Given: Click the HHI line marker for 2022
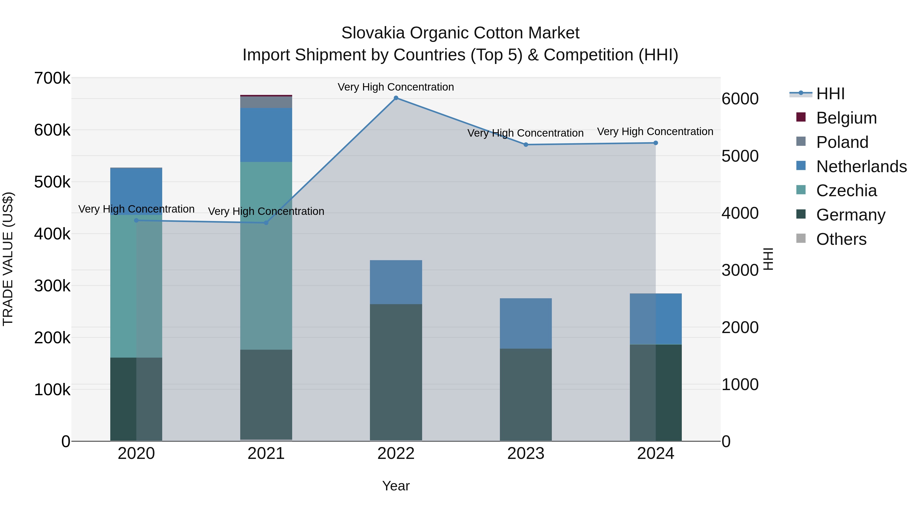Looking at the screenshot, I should (396, 98).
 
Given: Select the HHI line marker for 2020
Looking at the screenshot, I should (136, 221).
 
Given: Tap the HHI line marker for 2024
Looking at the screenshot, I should (656, 143).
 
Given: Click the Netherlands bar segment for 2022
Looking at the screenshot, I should (396, 282).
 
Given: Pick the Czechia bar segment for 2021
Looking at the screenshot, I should (266, 256).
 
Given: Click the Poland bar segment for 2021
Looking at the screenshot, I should (266, 102).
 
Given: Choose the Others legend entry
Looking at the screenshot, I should (841, 239).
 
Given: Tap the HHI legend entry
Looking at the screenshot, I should (830, 94).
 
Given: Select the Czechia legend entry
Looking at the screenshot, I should (846, 191).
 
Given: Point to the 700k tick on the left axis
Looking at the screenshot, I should (52, 78).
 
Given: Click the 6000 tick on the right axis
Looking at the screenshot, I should (740, 99).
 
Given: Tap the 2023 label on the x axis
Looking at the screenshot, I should (525, 454).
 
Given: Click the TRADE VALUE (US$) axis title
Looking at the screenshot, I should (8, 259).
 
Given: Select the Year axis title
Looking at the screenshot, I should (396, 486).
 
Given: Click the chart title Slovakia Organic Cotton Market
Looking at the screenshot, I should (460, 33).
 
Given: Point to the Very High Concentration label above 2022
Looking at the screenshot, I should (396, 87).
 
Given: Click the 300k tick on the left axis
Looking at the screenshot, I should (52, 286).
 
